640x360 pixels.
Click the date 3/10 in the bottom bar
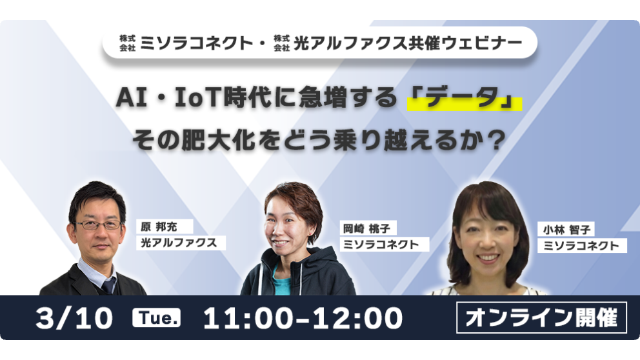pos(74,318)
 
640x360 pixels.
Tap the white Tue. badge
pos(156,317)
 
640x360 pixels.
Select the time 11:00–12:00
pos(303,318)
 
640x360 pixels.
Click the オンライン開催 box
pos(541,317)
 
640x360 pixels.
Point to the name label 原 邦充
pos(159,226)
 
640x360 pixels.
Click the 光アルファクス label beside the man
pos(181,243)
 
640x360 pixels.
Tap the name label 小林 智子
pos(566,230)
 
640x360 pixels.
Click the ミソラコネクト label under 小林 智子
pos(582,246)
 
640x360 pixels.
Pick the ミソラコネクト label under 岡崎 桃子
pos(384,245)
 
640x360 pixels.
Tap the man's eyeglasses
pos(99,225)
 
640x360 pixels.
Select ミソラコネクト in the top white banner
pos(196,43)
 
